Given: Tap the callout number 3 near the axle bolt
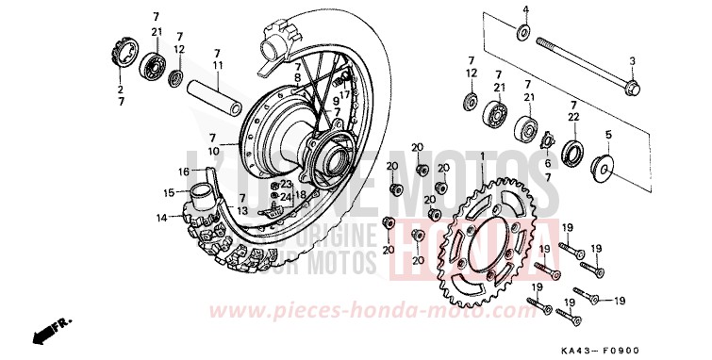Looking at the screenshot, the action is point(633,61).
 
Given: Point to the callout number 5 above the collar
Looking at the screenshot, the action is point(607,135).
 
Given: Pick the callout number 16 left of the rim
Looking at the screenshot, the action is point(159,172).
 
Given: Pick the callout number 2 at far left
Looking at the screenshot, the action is point(120,90).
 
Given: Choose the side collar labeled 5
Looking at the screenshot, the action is point(601,171).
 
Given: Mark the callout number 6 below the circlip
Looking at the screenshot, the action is point(546,161).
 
